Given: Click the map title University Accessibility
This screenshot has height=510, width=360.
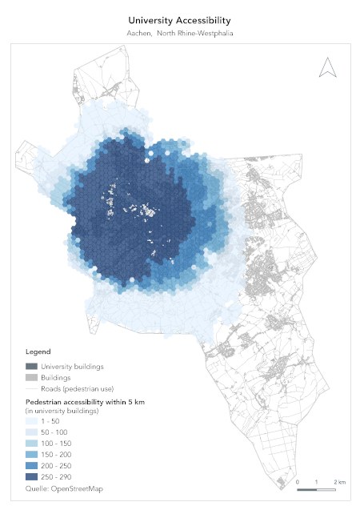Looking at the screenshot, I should [x=179, y=18].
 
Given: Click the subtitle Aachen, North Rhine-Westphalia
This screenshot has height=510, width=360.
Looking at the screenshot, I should [x=179, y=33].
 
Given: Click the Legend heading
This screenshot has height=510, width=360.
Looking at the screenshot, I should [x=38, y=351].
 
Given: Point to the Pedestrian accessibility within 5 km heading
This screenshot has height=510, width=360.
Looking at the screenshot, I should [x=84, y=400].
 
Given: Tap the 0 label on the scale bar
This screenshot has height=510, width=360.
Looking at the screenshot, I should [x=298, y=482].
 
